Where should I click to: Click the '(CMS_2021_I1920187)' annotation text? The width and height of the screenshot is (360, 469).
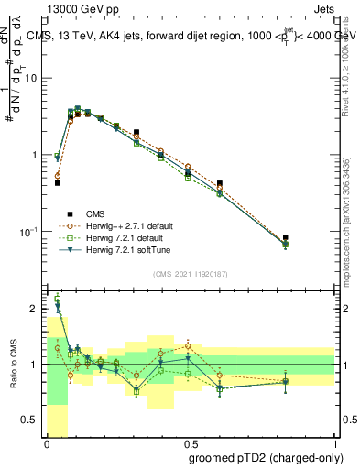(191, 274)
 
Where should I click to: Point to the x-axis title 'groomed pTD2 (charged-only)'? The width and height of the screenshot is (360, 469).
(266, 458)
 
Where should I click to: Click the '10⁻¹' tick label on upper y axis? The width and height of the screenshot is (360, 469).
(28, 231)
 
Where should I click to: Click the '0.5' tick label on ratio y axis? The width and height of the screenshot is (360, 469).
(32, 420)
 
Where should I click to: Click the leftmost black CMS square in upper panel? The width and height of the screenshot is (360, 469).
(57, 183)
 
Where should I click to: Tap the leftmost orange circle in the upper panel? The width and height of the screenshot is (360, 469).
(57, 176)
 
